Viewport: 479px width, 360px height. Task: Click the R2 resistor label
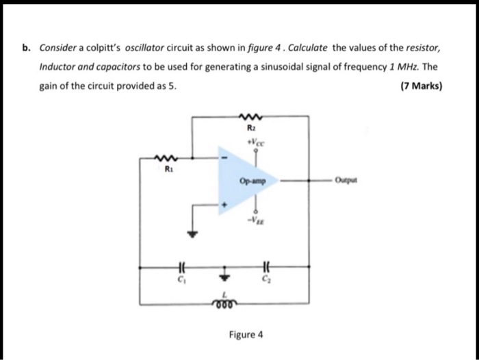coord(250,128)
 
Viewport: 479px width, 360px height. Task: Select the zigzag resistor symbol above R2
coord(249,117)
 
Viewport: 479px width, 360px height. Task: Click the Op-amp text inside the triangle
coord(249,181)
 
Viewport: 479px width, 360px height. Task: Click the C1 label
coord(181,280)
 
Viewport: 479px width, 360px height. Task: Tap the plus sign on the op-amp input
coord(221,203)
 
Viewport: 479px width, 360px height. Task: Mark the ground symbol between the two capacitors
coord(222,276)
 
